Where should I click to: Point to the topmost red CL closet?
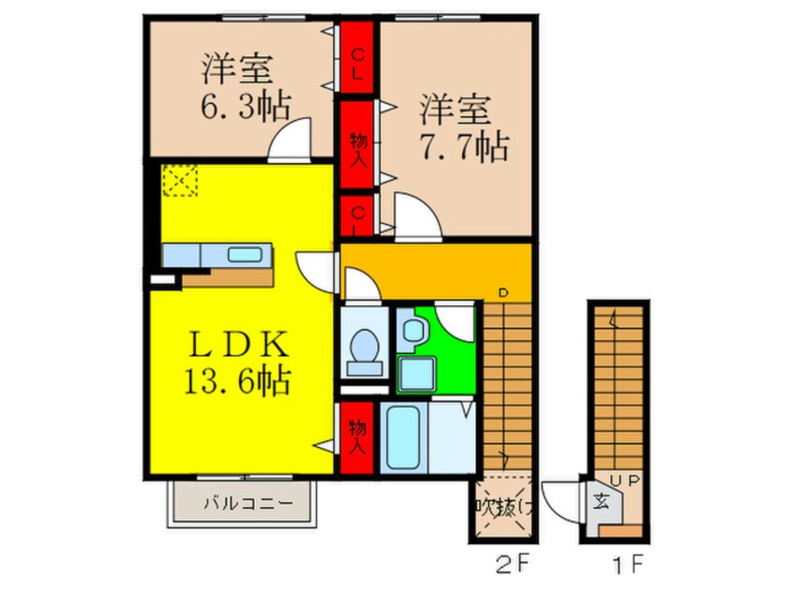click(x=357, y=56)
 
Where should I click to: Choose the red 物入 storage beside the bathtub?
click(x=357, y=437)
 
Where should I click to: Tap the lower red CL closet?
click(x=357, y=217)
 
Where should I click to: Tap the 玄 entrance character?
click(x=598, y=499)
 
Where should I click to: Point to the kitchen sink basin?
click(x=247, y=253)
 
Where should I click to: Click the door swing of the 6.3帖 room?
click(x=290, y=142)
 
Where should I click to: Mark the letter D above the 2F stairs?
click(x=501, y=294)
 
